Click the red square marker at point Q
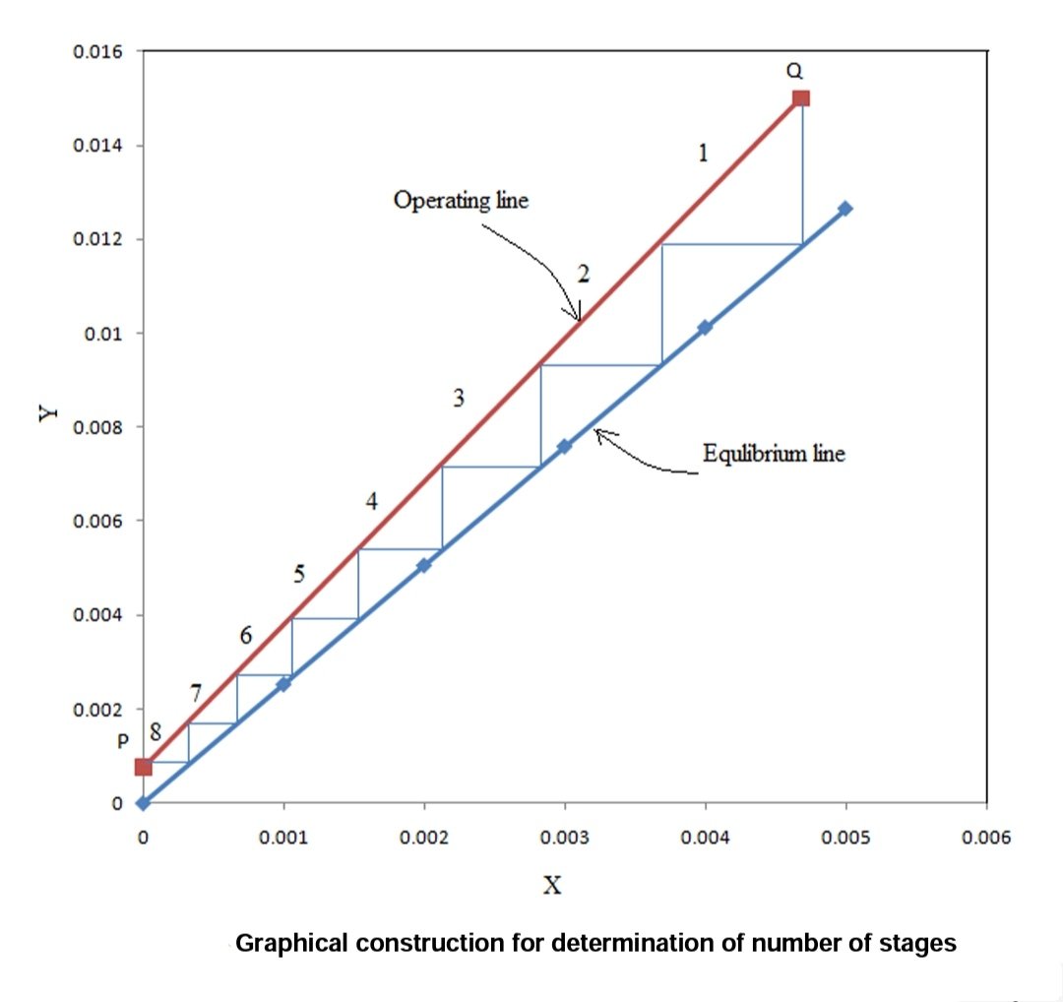click(x=801, y=97)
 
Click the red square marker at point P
click(x=144, y=767)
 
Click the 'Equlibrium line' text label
click(x=774, y=454)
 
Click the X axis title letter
click(x=553, y=886)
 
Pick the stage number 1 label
click(x=703, y=153)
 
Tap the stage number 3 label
click(x=458, y=398)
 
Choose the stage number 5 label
click(x=299, y=574)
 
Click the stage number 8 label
click(x=155, y=731)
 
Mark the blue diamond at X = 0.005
click(x=845, y=209)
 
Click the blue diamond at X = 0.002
click(x=424, y=565)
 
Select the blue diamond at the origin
click(x=144, y=803)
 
